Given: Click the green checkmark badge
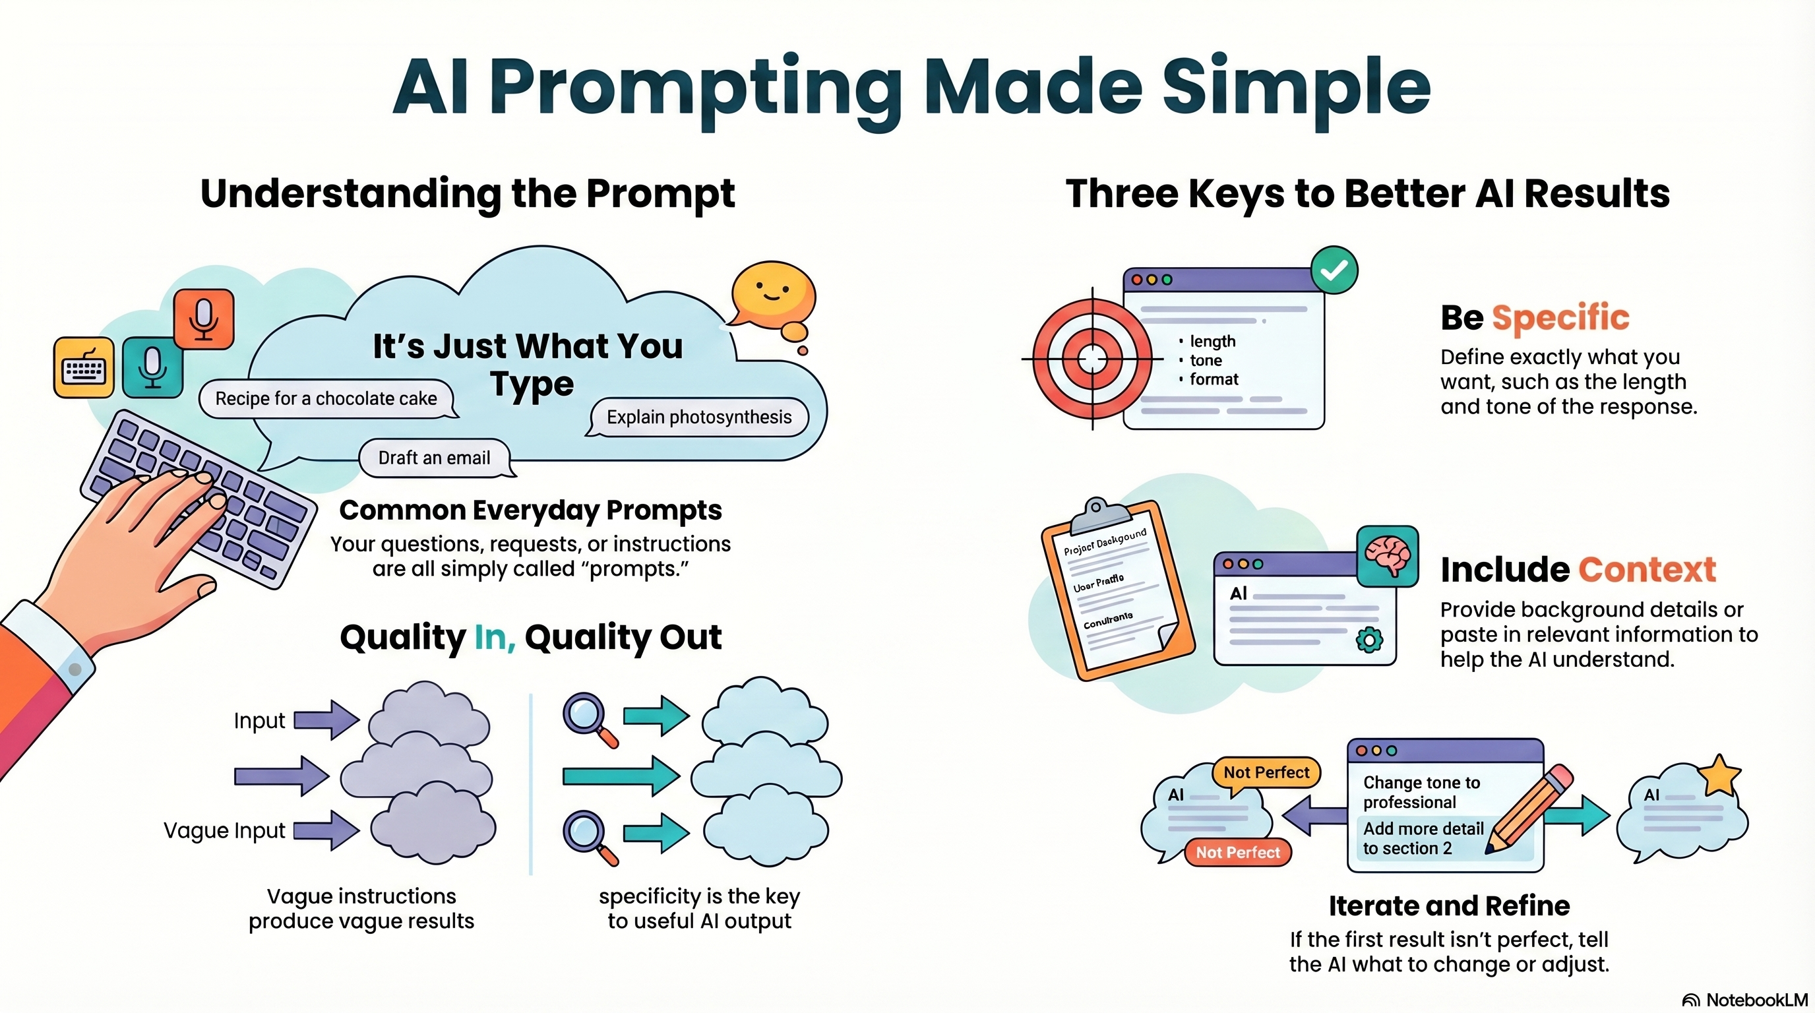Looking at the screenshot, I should point(1334,270).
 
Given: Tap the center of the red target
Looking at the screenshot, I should point(1092,359).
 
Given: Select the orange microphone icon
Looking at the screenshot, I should point(204,319).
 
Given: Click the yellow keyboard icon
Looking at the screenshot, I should point(84,368).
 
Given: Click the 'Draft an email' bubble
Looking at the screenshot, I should point(434,458).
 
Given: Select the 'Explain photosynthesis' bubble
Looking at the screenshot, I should point(698,417).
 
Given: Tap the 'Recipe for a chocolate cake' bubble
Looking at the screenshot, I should point(326,399).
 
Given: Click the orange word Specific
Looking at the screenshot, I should point(1560,318).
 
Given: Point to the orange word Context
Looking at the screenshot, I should point(1647,570).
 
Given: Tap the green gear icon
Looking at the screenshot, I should point(1369,640).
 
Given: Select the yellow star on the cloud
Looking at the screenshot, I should point(1719,776).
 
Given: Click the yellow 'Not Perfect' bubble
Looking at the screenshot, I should point(1266,773).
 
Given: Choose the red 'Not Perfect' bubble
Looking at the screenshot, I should point(1237,852).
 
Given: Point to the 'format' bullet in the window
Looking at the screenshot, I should point(1214,380).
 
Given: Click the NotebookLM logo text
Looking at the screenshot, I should point(1756,1000).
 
